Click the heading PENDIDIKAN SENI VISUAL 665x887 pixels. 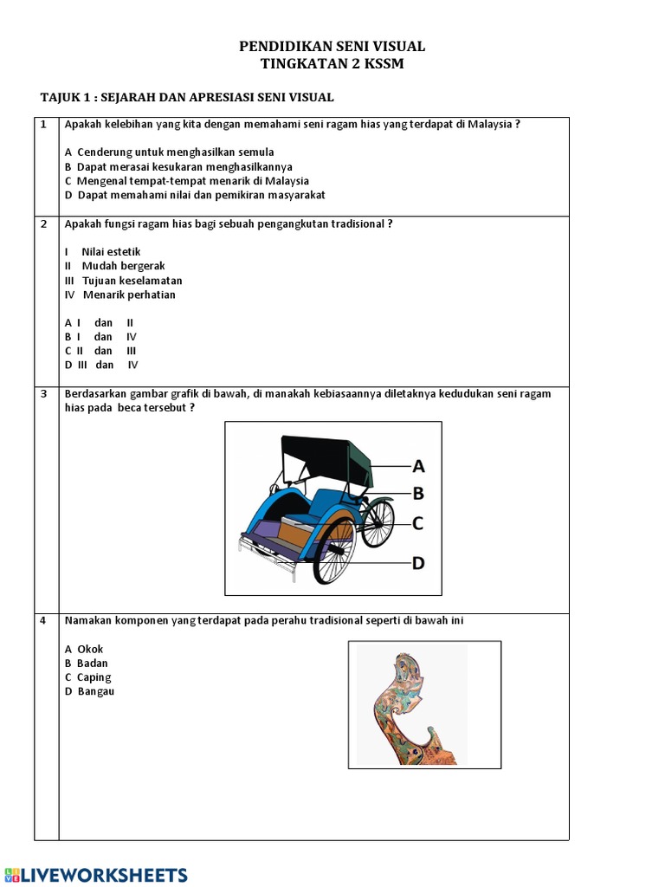click(x=332, y=47)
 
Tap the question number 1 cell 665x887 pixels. click(x=43, y=125)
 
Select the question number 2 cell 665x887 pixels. click(x=43, y=224)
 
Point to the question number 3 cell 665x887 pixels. click(x=43, y=394)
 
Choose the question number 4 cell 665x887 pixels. click(x=43, y=621)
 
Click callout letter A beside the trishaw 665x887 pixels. click(x=418, y=467)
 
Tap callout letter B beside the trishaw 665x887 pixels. click(x=418, y=494)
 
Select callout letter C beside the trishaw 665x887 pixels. click(x=417, y=523)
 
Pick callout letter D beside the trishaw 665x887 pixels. click(x=418, y=563)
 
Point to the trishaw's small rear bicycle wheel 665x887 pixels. click(x=378, y=523)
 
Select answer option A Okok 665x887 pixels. click(x=84, y=650)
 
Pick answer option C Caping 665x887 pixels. click(x=88, y=677)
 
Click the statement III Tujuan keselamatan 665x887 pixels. click(x=123, y=281)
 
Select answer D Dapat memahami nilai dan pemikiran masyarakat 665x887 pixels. click(x=195, y=196)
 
